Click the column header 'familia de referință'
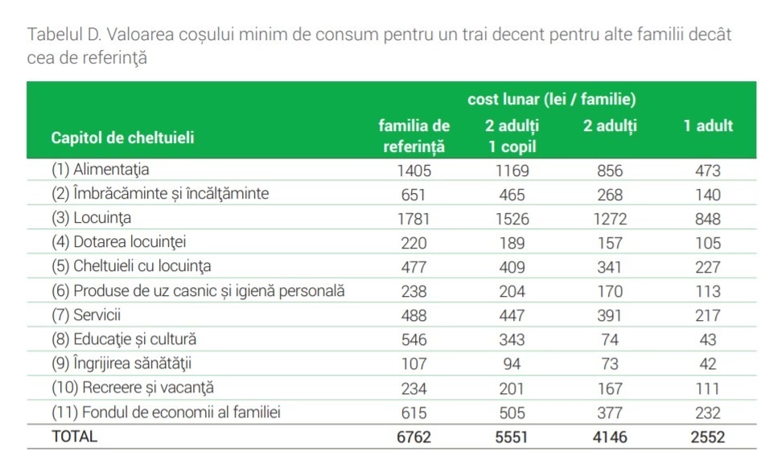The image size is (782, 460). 414,136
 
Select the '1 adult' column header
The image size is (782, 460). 708,126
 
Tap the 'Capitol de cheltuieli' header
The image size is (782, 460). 123,138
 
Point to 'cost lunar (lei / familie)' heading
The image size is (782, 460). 552,100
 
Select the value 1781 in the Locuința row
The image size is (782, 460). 414,219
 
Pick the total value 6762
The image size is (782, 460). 414,437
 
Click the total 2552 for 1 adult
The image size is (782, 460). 708,437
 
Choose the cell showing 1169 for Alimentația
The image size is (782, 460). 512,170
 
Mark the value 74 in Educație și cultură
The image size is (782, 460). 610,340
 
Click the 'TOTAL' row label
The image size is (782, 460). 74,437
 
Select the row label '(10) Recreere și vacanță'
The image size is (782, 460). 133,388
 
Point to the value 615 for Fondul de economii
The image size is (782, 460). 414,413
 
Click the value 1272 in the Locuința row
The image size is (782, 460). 610,219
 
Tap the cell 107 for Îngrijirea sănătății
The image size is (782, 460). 414,364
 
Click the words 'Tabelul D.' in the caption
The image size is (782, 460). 63,36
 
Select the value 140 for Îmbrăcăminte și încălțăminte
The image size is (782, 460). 708,195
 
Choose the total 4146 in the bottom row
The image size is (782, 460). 610,437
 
